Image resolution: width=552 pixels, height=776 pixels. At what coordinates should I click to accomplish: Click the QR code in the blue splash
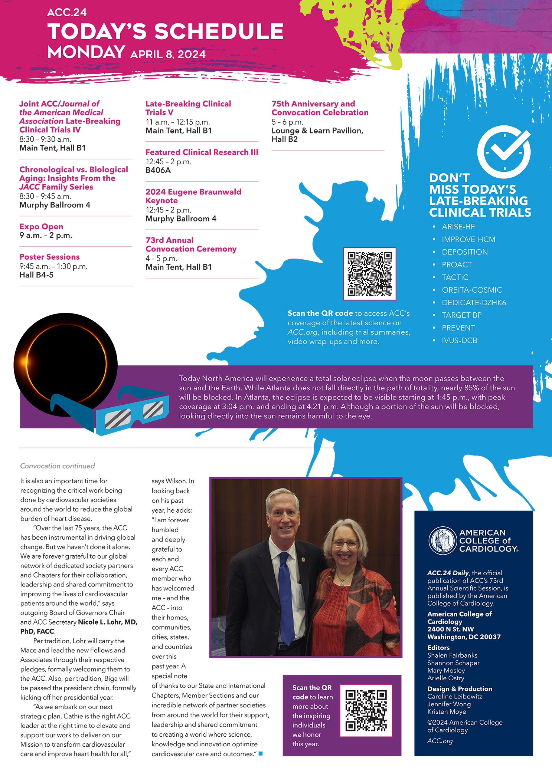pos(369,274)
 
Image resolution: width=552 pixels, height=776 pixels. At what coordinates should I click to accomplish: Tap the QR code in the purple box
pos(366,710)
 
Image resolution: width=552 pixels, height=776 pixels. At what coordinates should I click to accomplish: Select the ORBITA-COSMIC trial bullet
pos(471,290)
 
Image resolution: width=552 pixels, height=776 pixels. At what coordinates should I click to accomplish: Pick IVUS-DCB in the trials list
pos(459,341)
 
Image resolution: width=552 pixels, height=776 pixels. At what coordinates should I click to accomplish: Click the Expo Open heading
pos(41,227)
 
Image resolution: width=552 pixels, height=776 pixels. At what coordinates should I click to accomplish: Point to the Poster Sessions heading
pos(49,257)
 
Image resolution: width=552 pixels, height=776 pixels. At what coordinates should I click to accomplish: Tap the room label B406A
pos(158,170)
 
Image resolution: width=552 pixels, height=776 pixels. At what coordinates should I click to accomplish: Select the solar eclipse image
pos(66,364)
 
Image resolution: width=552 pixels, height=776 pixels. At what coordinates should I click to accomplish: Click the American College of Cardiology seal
pos(442,540)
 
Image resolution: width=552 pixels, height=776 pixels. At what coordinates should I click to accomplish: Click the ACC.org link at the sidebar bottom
pos(440,741)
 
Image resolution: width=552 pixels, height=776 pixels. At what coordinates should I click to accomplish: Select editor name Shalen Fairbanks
pos(452,655)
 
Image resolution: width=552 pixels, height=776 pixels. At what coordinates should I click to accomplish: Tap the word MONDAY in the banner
pos(86,52)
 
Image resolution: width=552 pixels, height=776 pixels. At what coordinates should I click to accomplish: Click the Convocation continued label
pos(58,466)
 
